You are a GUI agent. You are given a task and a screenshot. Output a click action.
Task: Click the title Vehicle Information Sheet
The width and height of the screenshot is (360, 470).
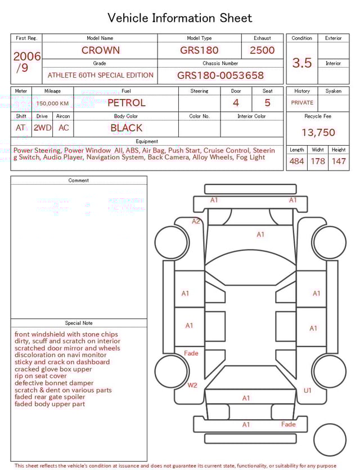(180, 18)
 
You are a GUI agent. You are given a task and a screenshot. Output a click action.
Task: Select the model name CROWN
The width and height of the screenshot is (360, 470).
(100, 50)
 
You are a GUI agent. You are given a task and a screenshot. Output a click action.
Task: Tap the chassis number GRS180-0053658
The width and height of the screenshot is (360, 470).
(220, 75)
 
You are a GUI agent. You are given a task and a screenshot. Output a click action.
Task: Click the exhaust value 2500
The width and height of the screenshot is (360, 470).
(262, 50)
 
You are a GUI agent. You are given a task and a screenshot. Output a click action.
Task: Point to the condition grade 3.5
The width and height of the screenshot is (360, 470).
(302, 63)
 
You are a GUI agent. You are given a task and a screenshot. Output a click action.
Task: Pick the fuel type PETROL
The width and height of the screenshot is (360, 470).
(126, 103)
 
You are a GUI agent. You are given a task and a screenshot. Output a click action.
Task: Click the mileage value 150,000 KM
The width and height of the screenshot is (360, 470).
(52, 104)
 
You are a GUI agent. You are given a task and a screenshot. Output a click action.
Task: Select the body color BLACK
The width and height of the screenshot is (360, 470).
(126, 128)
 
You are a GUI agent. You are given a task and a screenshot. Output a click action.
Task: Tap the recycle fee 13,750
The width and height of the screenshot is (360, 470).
(318, 133)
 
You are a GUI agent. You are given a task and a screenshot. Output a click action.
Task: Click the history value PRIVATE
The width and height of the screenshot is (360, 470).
(302, 103)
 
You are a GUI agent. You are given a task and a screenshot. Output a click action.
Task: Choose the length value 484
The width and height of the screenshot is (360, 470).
(296, 162)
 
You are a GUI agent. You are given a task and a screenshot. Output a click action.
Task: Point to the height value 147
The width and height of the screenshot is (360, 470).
(339, 162)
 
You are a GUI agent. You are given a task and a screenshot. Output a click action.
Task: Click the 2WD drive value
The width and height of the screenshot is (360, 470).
(42, 128)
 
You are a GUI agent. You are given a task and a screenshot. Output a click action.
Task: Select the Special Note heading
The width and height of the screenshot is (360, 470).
(79, 323)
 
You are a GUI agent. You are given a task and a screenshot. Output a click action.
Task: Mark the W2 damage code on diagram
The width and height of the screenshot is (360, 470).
(192, 386)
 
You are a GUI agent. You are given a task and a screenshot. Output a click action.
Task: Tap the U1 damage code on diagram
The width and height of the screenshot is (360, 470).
(308, 390)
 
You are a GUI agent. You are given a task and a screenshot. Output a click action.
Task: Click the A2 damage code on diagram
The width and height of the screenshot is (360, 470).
(196, 221)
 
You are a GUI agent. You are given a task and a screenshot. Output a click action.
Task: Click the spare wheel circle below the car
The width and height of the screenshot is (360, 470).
(330, 440)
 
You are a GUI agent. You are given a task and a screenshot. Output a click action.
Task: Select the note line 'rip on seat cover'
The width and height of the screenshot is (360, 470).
(40, 376)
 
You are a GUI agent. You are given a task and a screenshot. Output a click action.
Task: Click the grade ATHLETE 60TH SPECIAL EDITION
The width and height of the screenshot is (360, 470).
(100, 75)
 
